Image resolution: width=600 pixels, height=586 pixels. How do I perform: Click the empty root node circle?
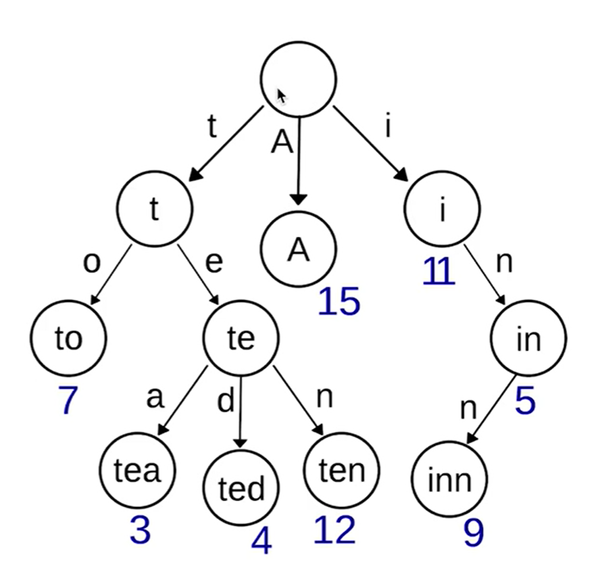coord(299,79)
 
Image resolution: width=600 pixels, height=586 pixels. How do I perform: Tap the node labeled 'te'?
coord(241,339)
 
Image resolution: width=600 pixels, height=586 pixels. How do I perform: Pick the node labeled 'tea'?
coord(137,470)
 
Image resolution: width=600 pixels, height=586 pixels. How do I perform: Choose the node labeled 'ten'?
coord(341,470)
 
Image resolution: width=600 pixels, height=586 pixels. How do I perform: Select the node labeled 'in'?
coord(528,339)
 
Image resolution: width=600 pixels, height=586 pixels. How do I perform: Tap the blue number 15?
coord(339,302)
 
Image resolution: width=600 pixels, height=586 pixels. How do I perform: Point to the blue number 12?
coord(334,529)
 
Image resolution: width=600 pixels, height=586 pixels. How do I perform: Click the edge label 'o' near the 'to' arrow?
coord(91,262)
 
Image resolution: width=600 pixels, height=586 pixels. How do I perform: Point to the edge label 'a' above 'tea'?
coord(154,398)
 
